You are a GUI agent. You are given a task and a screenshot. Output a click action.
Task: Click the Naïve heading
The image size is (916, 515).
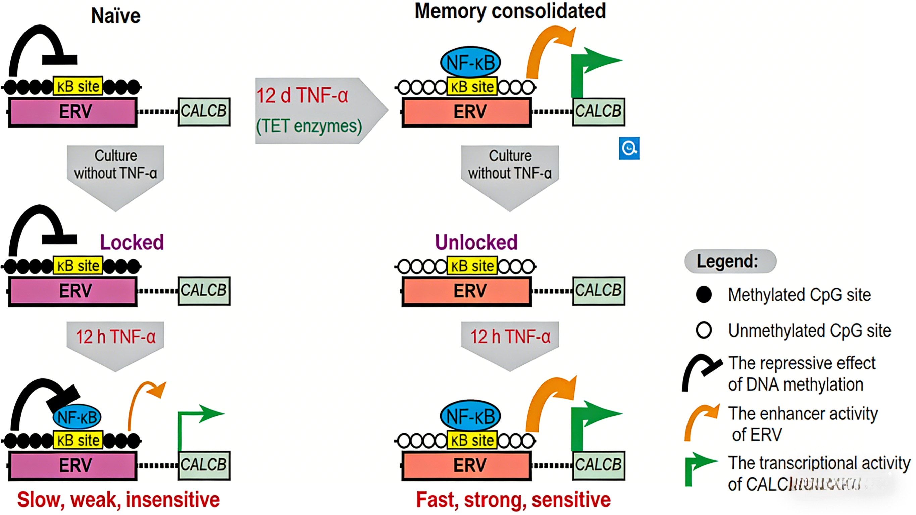click(x=115, y=16)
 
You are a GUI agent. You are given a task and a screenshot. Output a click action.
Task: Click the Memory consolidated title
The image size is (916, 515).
click(x=510, y=11)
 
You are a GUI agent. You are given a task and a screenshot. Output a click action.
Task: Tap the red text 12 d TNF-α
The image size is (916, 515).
click(x=302, y=95)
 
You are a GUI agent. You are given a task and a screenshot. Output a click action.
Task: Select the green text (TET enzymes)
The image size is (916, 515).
click(x=309, y=126)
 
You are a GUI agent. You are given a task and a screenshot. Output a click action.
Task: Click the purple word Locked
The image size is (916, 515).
click(x=132, y=242)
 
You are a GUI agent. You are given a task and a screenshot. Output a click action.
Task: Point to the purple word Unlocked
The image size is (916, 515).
click(x=476, y=242)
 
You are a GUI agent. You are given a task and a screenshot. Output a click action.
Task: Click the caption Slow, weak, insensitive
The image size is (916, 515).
click(x=118, y=499)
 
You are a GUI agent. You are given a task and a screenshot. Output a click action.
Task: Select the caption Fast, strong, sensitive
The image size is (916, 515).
click(x=513, y=499)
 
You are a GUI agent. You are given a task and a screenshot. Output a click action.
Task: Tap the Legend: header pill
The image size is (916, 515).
click(x=730, y=261)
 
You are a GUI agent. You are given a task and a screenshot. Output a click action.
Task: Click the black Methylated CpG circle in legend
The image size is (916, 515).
click(x=704, y=295)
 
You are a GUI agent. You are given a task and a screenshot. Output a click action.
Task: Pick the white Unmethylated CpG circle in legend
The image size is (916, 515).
click(x=704, y=330)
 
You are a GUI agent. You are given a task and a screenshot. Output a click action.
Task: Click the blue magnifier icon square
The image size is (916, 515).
click(x=629, y=148)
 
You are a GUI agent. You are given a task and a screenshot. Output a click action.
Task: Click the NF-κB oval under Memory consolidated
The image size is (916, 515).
click(x=470, y=63)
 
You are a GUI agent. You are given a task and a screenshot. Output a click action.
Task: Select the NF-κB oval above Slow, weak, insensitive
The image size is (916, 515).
click(x=77, y=417)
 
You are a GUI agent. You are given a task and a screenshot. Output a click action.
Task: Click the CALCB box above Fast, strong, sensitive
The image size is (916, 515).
click(x=599, y=465)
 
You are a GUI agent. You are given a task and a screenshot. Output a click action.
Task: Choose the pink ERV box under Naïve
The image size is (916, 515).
click(x=72, y=112)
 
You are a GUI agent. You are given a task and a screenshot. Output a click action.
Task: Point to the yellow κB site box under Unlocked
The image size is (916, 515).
click(x=472, y=266)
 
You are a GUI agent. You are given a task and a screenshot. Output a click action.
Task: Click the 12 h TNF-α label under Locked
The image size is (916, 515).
click(x=115, y=337)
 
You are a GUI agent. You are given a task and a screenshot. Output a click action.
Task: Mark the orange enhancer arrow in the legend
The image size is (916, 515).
click(x=701, y=421)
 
